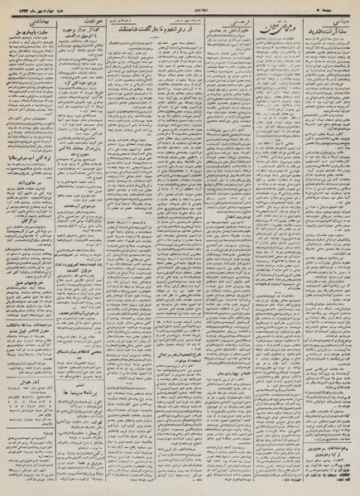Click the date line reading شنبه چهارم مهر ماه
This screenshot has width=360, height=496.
(27, 6)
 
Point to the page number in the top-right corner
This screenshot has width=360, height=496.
(346, 6)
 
